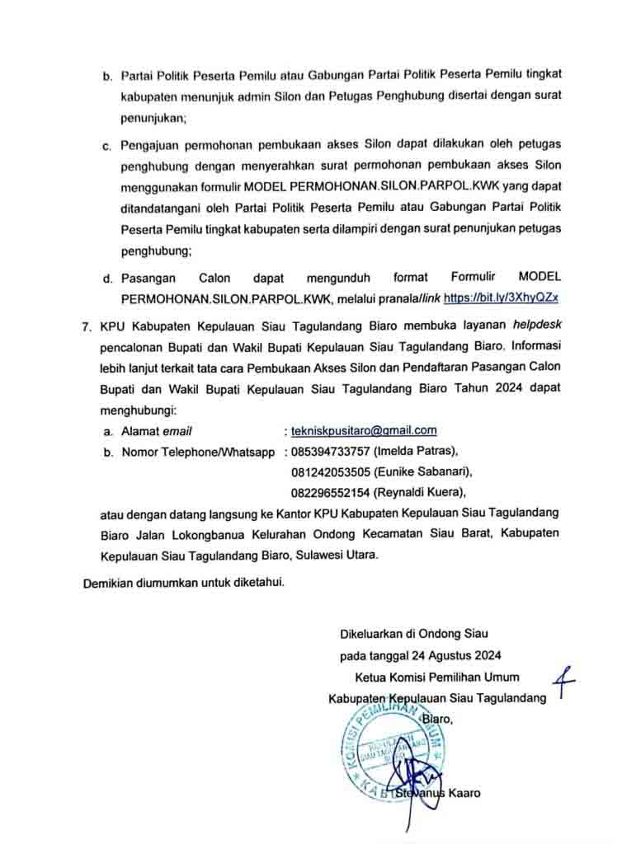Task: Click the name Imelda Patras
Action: [415, 452]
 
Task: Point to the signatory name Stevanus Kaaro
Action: [437, 794]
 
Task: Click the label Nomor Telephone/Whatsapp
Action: [198, 452]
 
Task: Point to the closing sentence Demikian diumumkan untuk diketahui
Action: [184, 584]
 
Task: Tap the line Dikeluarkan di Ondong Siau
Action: [414, 635]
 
